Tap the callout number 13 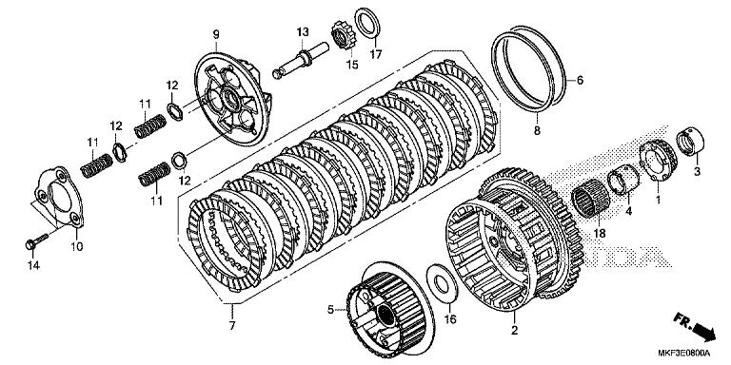pyautogui.click(x=302, y=32)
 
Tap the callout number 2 pyautogui.click(x=515, y=330)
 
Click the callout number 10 pyautogui.click(x=77, y=246)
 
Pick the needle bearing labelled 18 pyautogui.click(x=594, y=202)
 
